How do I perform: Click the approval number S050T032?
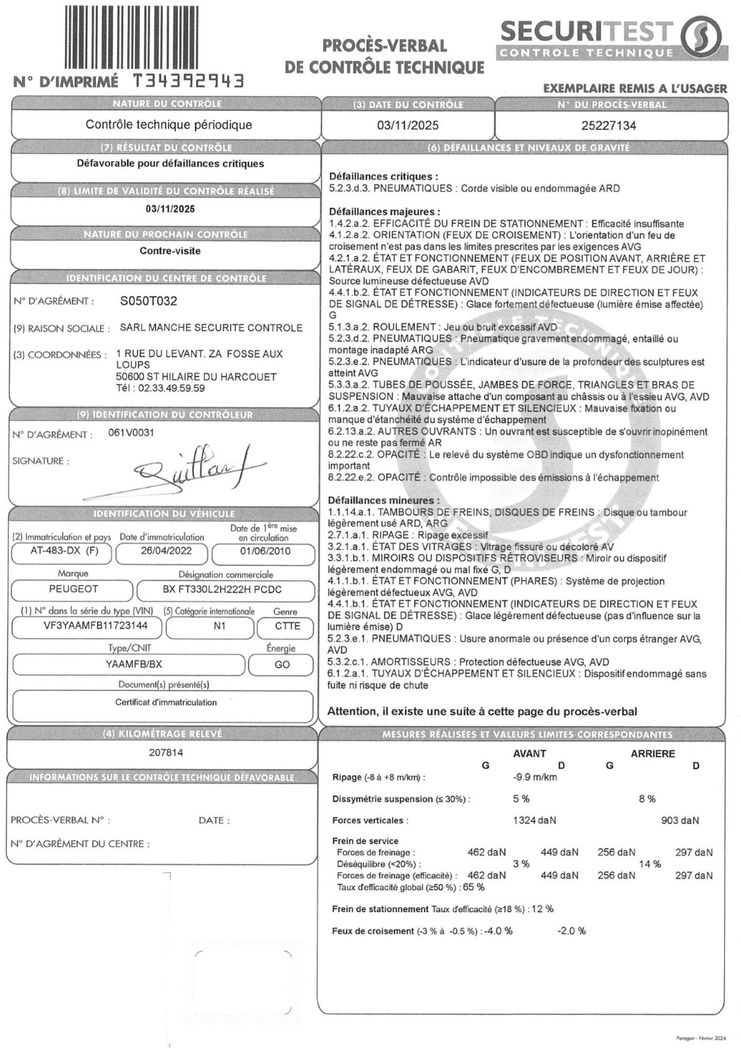(148, 301)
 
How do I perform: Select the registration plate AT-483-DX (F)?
(62, 551)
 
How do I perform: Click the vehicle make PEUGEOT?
(74, 589)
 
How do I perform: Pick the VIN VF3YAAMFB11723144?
(89, 626)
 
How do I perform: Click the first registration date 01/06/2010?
(265, 551)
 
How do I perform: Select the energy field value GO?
(282, 664)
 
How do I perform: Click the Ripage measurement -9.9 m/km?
(535, 777)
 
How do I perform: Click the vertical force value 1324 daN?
(534, 820)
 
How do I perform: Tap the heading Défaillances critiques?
(383, 177)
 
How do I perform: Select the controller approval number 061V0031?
(131, 432)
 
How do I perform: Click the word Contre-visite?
(170, 251)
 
